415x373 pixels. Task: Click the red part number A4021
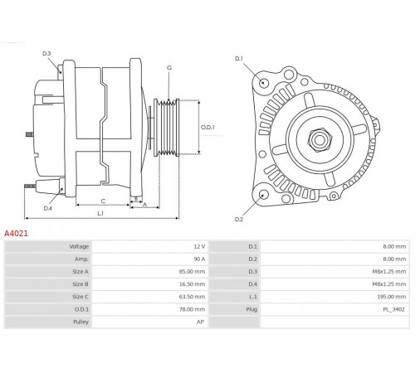click(x=16, y=234)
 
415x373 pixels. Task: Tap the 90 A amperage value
click(x=199, y=259)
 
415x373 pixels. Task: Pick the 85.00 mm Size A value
click(x=193, y=272)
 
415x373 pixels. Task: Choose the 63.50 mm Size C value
click(x=193, y=297)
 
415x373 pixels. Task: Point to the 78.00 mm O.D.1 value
click(x=193, y=309)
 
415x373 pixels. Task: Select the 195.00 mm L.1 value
click(x=392, y=297)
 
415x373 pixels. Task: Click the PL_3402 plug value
click(x=393, y=309)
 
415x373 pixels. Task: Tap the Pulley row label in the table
click(x=81, y=322)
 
